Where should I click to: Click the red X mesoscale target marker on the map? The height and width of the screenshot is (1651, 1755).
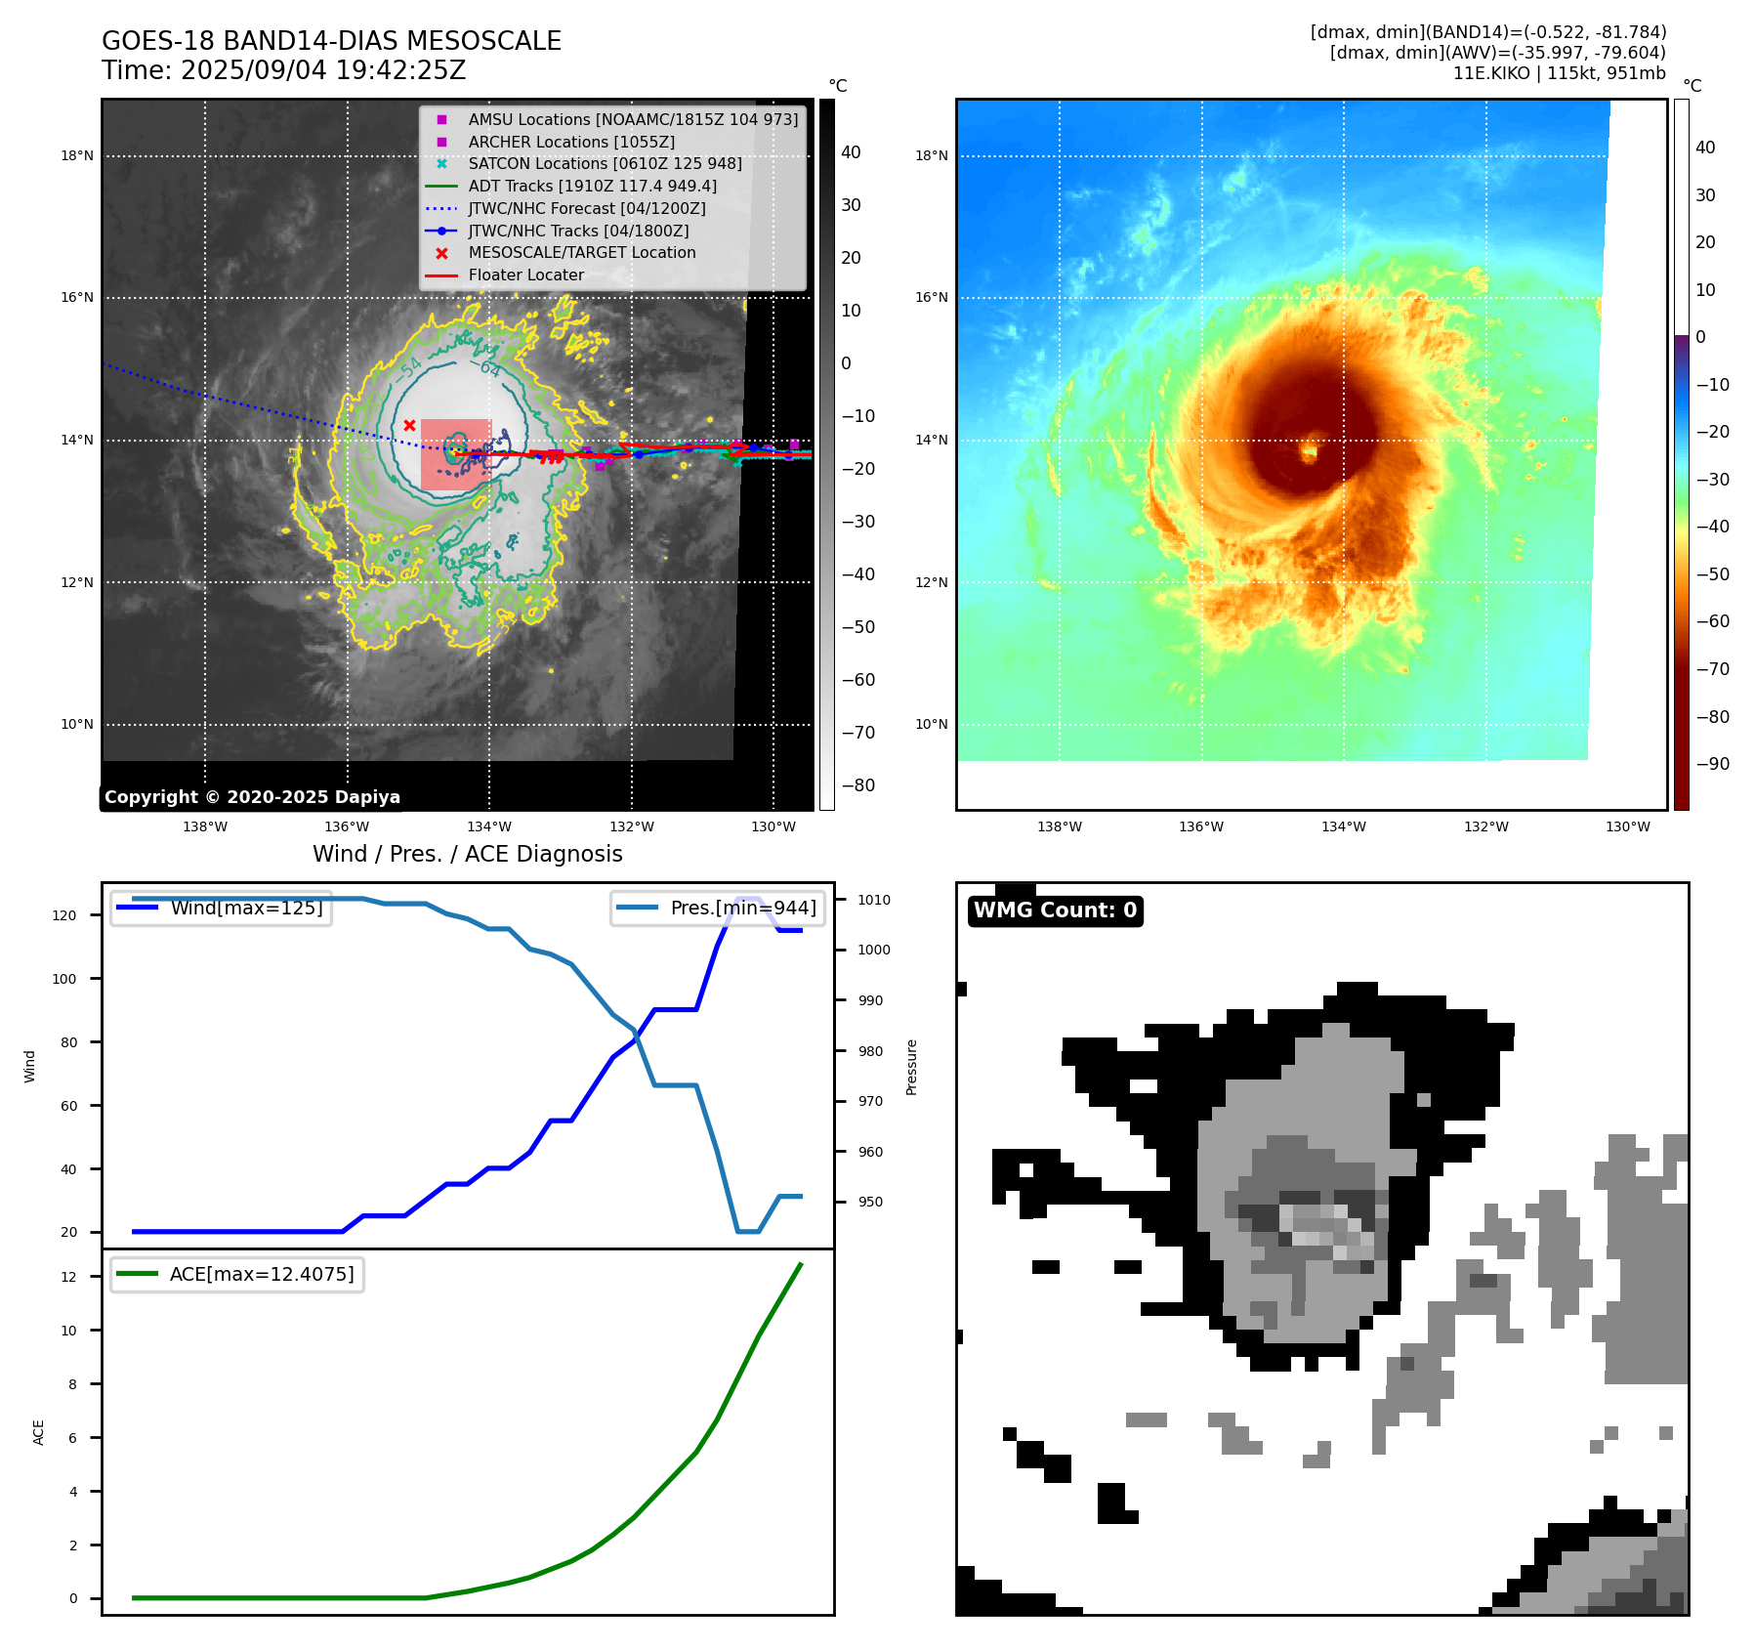[x=410, y=425]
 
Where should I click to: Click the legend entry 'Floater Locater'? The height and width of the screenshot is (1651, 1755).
[x=525, y=275]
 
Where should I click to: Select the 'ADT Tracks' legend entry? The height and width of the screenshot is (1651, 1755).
[x=592, y=186]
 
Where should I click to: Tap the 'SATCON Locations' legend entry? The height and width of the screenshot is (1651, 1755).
[x=605, y=164]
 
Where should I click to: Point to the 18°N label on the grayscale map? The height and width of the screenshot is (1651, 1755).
[x=77, y=156]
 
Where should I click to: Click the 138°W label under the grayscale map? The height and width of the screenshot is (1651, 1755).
[x=205, y=827]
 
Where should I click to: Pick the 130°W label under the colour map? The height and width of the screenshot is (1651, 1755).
[x=1628, y=827]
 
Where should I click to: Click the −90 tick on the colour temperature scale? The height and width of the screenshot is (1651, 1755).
[x=1712, y=764]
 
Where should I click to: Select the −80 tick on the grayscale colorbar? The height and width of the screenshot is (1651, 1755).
[x=857, y=785]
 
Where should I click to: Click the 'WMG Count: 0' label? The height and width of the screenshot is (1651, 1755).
[x=1055, y=910]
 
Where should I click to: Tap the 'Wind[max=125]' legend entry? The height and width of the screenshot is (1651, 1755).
[x=246, y=908]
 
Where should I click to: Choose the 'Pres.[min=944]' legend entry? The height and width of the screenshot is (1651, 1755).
[x=742, y=908]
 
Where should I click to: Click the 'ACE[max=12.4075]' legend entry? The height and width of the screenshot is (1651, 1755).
[x=261, y=1274]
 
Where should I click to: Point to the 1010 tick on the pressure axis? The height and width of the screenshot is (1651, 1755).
[x=874, y=900]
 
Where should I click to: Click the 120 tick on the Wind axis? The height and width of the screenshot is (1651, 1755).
[x=64, y=915]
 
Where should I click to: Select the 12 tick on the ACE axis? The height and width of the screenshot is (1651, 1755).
[x=68, y=1277]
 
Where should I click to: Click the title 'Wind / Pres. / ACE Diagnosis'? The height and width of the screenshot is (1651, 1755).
[x=467, y=854]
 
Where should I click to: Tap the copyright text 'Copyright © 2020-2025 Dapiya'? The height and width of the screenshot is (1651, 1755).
[x=252, y=797]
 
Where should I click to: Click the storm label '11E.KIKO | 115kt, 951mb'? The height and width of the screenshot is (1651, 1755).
[x=1559, y=73]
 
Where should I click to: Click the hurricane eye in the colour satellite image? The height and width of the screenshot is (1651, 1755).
[x=1310, y=451]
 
